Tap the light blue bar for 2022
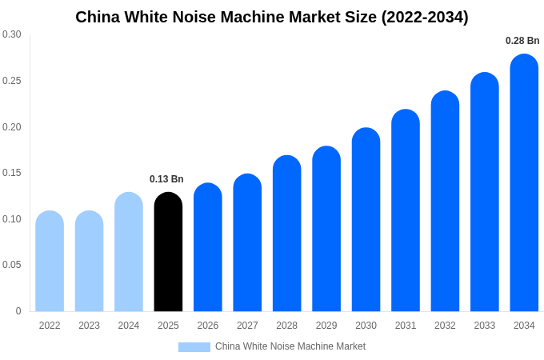(50, 262)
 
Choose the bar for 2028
(286, 234)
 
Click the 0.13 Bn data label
(166, 179)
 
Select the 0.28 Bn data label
(522, 41)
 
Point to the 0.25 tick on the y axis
(12, 81)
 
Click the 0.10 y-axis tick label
(12, 219)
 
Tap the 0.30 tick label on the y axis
(12, 34)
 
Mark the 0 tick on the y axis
(18, 311)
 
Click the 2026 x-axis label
(208, 326)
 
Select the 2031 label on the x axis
(406, 326)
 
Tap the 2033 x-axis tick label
(485, 326)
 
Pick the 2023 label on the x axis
(89, 326)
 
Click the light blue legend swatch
(194, 347)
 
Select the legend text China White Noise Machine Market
(290, 346)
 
